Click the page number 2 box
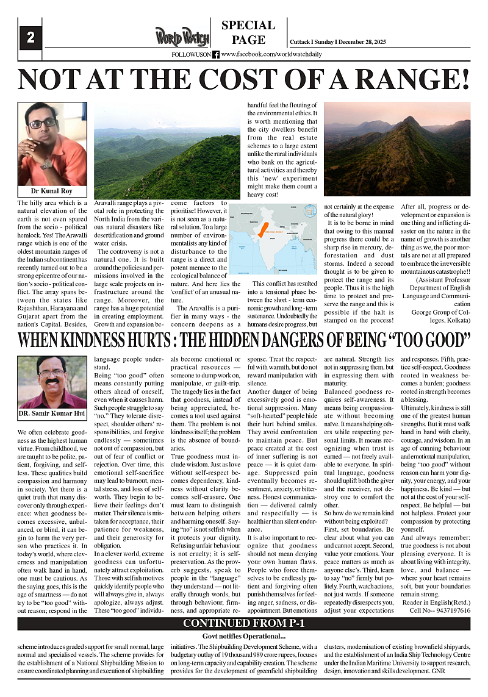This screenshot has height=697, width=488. coord(30,38)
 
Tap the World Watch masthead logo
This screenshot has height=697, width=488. coord(182,36)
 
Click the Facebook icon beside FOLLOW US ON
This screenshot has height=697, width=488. coord(216,54)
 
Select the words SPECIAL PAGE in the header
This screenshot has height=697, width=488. coord(248,33)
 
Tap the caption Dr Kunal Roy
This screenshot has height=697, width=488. coord(51,191)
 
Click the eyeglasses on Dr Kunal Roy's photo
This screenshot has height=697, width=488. coord(43,124)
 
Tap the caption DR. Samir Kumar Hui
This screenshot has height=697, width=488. coord(52,415)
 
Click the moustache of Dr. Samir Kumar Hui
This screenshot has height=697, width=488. coord(51,382)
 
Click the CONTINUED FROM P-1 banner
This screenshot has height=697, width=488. coord(244,623)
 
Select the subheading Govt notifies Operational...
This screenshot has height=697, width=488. coord(243,637)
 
